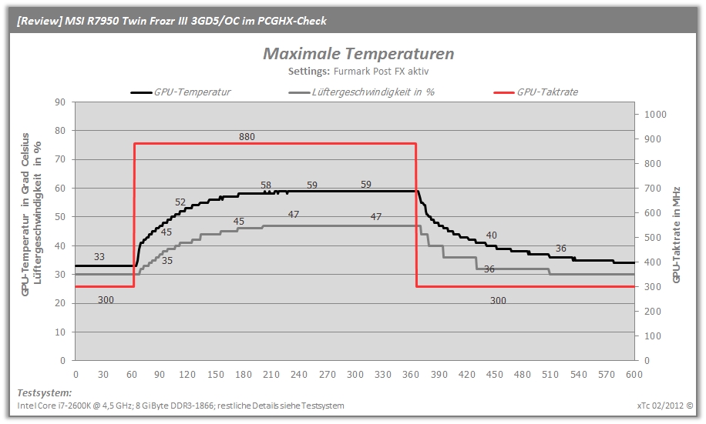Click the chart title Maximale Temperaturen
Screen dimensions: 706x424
(358, 54)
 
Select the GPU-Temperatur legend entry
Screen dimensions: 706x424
(181, 92)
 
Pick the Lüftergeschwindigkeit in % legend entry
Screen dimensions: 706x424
(361, 92)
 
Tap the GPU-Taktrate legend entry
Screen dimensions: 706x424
(536, 92)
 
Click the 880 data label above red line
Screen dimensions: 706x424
(247, 137)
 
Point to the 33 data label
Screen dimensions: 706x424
(99, 257)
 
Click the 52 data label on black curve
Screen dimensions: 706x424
(180, 202)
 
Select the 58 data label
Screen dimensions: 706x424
(266, 185)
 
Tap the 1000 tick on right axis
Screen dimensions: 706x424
(655, 115)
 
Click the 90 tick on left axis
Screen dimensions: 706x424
(60, 102)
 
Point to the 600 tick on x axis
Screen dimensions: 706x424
(634, 375)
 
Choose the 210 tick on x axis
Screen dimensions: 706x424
(271, 375)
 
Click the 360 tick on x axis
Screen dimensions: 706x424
(411, 375)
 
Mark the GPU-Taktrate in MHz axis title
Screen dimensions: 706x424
(676, 235)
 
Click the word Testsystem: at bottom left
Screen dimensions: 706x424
(44, 393)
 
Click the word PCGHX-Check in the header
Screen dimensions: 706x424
(292, 21)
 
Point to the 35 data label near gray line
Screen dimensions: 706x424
(167, 261)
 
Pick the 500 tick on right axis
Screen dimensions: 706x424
(652, 238)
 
